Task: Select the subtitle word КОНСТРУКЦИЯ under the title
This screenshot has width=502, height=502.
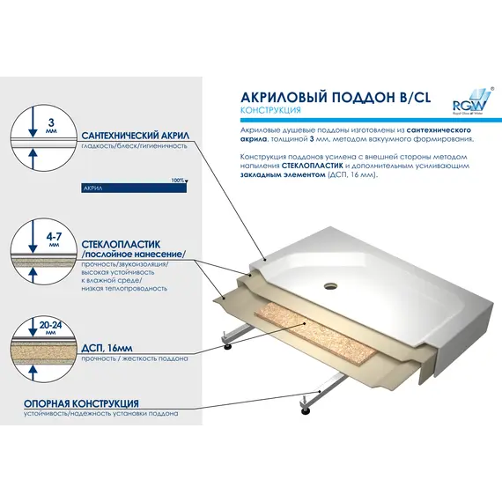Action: pos(271,112)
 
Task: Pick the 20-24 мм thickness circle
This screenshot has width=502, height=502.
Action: pos(33,346)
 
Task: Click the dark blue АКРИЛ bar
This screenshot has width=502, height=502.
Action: pos(132,188)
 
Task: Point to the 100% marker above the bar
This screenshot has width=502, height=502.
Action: pos(179,180)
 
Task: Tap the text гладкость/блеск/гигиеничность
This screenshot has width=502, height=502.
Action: pos(127,148)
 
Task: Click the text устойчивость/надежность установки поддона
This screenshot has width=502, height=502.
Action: pos(101,413)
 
